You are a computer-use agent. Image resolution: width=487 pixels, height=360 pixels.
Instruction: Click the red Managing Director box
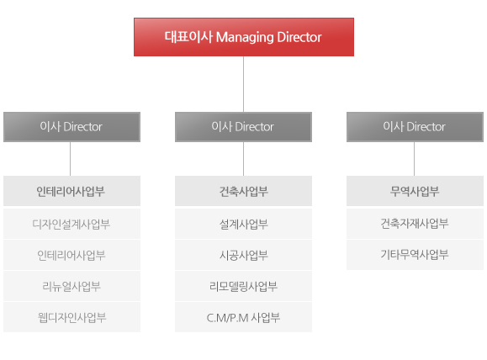(x=244, y=37)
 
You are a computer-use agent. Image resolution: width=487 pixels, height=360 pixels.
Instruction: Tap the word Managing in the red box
(x=245, y=38)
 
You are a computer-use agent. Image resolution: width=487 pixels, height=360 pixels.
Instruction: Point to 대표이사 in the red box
(x=188, y=37)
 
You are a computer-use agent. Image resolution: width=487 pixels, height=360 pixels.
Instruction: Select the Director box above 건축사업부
(x=244, y=127)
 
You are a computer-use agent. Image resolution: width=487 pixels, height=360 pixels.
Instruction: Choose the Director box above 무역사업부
(x=415, y=127)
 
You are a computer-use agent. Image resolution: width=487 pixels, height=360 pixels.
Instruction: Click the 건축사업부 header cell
(x=244, y=191)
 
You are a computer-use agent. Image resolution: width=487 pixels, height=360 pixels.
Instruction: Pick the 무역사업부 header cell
(x=415, y=191)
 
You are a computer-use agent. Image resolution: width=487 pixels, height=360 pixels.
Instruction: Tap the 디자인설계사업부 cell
(x=71, y=224)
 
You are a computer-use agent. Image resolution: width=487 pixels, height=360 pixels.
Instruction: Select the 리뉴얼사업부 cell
(x=71, y=286)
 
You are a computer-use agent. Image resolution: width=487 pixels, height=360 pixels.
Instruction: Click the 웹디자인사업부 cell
(x=71, y=317)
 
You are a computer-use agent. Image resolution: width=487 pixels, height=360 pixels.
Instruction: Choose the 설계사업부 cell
(x=244, y=224)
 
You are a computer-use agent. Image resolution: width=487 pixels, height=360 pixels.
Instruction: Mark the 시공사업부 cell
(x=244, y=255)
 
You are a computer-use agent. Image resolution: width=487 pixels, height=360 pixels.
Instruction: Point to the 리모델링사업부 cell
(x=244, y=286)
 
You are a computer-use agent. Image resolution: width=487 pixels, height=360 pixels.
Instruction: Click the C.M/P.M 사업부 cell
(x=244, y=317)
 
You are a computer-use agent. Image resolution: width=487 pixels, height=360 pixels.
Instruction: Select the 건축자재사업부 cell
(x=415, y=224)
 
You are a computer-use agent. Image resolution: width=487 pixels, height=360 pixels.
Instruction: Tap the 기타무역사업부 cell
(x=415, y=255)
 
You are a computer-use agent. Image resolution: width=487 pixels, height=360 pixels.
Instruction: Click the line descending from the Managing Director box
(x=244, y=84)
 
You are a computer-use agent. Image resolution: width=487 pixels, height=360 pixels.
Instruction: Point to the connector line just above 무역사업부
(x=415, y=159)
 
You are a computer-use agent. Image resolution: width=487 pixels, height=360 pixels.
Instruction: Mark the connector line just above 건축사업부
(x=244, y=159)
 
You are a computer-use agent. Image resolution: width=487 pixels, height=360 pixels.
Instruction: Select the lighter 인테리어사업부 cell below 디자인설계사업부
(x=71, y=255)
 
